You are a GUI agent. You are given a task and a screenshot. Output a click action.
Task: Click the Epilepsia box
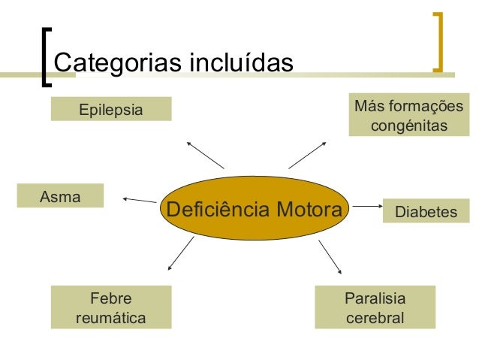pos(111,110)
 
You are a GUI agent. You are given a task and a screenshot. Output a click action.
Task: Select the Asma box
pos(60,195)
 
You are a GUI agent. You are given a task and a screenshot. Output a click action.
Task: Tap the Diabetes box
pos(426,212)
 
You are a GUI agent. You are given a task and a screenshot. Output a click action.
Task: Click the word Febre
pos(110,298)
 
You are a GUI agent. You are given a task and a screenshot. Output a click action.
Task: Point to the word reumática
pos(111,317)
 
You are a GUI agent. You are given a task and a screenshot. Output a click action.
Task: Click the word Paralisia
pos(375,298)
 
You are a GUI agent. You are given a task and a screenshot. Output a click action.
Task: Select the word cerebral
pos(375,317)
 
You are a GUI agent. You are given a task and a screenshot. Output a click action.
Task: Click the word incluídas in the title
pos(242,62)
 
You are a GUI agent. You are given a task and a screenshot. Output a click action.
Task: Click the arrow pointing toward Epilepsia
pos(205,154)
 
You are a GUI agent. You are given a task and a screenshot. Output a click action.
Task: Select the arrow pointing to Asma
pos(139,200)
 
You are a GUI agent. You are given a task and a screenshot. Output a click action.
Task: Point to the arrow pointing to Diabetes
pos(365,204)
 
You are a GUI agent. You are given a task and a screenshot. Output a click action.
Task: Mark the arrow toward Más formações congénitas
pos(306,155)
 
